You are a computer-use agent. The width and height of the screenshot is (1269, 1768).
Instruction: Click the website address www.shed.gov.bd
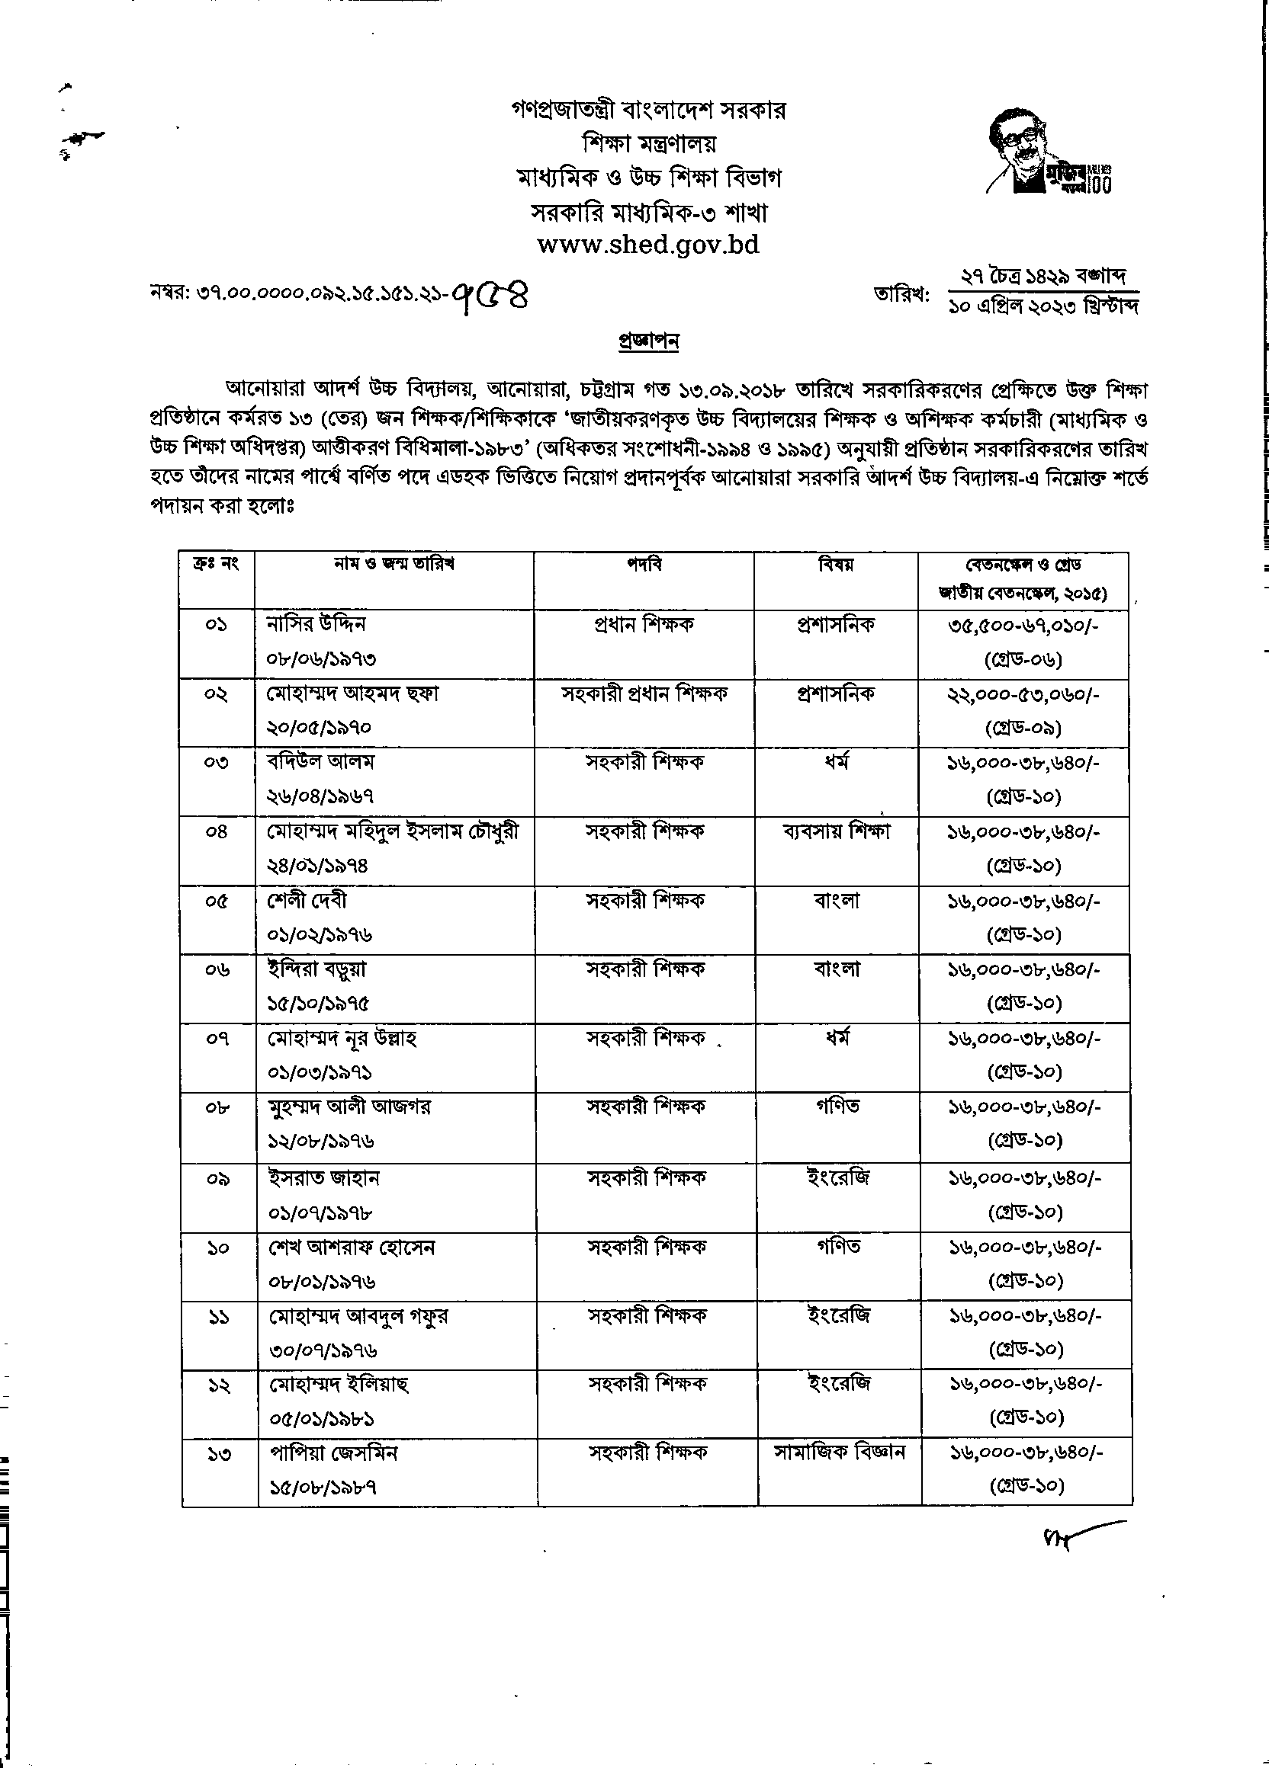[x=647, y=245]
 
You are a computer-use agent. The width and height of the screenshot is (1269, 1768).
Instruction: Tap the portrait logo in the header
[x=1048, y=150]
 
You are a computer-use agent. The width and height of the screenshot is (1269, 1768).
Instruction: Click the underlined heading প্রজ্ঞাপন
[x=648, y=341]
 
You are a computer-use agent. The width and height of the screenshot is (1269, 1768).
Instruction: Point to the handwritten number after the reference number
[x=494, y=297]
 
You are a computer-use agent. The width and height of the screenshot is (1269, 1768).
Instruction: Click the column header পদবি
[x=644, y=565]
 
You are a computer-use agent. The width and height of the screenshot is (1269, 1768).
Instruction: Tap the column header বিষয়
[x=835, y=565]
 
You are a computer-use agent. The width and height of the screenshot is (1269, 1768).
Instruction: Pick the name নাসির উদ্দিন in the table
[x=316, y=624]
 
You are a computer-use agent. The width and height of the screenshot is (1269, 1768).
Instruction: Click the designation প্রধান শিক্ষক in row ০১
[x=644, y=624]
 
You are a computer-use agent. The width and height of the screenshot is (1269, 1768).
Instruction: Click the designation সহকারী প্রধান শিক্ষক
[x=644, y=693]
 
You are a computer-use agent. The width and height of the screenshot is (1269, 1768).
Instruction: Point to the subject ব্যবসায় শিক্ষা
[x=836, y=831]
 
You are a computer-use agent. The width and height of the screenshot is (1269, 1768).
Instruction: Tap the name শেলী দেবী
[x=307, y=900]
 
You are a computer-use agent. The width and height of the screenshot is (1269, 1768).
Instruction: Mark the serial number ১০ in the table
[x=218, y=1248]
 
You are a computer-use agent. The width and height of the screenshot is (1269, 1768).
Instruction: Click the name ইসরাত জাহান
[x=323, y=1177]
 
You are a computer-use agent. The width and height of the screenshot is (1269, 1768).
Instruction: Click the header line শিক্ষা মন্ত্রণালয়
[x=649, y=144]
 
